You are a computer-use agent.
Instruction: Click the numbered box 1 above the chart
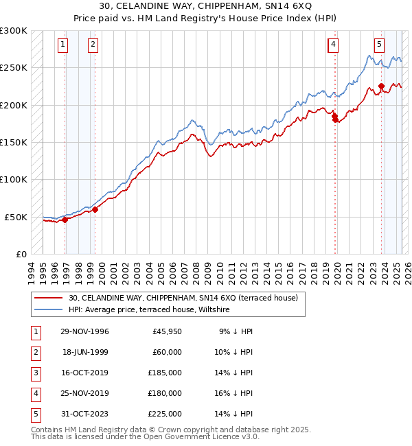pyautogui.click(x=62, y=45)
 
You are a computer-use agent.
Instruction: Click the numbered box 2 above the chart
pyautogui.click(x=92, y=45)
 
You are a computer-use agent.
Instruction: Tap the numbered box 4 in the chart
pyautogui.click(x=332, y=45)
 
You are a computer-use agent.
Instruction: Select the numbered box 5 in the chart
pyautogui.click(x=379, y=45)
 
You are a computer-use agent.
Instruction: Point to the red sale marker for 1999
pyautogui.click(x=95, y=209)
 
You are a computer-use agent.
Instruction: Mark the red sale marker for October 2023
pyautogui.click(x=381, y=86)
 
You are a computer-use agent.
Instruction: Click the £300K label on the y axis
pyautogui.click(x=14, y=31)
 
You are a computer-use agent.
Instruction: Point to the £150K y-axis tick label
pyautogui.click(x=14, y=142)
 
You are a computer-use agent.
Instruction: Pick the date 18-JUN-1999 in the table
pyautogui.click(x=84, y=352)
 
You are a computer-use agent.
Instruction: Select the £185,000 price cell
pyautogui.click(x=164, y=373)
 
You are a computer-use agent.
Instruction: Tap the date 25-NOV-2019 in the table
pyautogui.click(x=84, y=393)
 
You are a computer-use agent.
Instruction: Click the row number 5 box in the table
pyautogui.click(x=35, y=414)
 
